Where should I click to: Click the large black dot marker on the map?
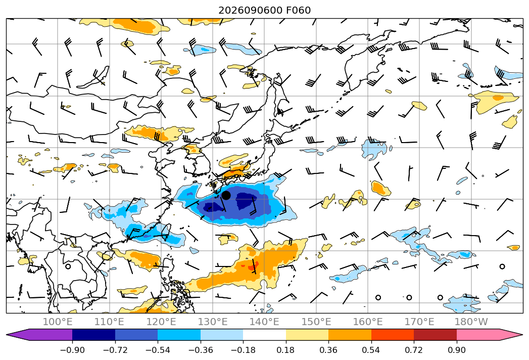(x=226, y=195)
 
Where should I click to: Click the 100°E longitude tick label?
(x=58, y=322)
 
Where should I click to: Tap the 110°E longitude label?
(x=109, y=322)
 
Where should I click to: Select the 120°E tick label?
(x=161, y=322)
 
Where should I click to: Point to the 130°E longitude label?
(x=213, y=322)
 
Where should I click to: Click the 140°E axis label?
(x=264, y=322)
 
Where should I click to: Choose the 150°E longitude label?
(x=316, y=322)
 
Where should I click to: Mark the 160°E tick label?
(x=368, y=322)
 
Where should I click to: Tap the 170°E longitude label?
(x=419, y=322)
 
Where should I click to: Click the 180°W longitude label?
(x=471, y=322)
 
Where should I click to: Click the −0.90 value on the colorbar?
(x=72, y=350)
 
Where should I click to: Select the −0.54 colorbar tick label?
(x=158, y=350)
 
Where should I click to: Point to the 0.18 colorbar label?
(x=286, y=350)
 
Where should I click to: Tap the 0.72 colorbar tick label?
(x=414, y=350)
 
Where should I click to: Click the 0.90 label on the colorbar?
(x=456, y=350)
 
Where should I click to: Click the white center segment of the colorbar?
(x=265, y=334)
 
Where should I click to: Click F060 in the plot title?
(x=299, y=10)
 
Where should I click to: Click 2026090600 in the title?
(x=250, y=10)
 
